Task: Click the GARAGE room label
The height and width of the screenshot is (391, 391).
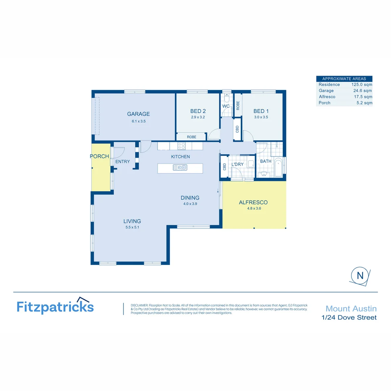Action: pyautogui.click(x=138, y=114)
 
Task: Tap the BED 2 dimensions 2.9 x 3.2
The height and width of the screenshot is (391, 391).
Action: pyautogui.click(x=198, y=117)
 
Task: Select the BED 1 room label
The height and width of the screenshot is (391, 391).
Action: pyautogui.click(x=261, y=111)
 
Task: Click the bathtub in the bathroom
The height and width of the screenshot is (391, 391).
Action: pyautogui.click(x=278, y=168)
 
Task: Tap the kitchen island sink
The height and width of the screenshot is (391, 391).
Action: pyautogui.click(x=180, y=167)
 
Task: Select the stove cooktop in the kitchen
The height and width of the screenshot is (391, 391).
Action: pyautogui.click(x=181, y=146)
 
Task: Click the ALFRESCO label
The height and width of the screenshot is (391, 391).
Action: pyautogui.click(x=253, y=202)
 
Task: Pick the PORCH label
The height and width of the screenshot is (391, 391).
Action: pyautogui.click(x=99, y=156)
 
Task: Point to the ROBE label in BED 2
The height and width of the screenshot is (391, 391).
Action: pyautogui.click(x=192, y=137)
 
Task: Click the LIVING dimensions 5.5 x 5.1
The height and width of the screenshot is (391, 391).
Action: pyautogui.click(x=132, y=227)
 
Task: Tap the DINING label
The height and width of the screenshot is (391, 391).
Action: pyautogui.click(x=190, y=198)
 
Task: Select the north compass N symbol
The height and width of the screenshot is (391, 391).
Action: pyautogui.click(x=360, y=275)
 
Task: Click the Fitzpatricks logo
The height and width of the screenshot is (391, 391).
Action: pyautogui.click(x=55, y=306)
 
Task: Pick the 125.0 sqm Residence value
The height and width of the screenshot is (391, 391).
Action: pyautogui.click(x=362, y=84)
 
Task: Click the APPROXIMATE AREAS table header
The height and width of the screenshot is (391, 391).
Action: pyautogui.click(x=344, y=79)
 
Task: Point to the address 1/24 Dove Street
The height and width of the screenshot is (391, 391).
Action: pyautogui.click(x=349, y=318)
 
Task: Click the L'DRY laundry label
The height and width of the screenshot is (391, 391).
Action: pyautogui.click(x=237, y=164)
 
